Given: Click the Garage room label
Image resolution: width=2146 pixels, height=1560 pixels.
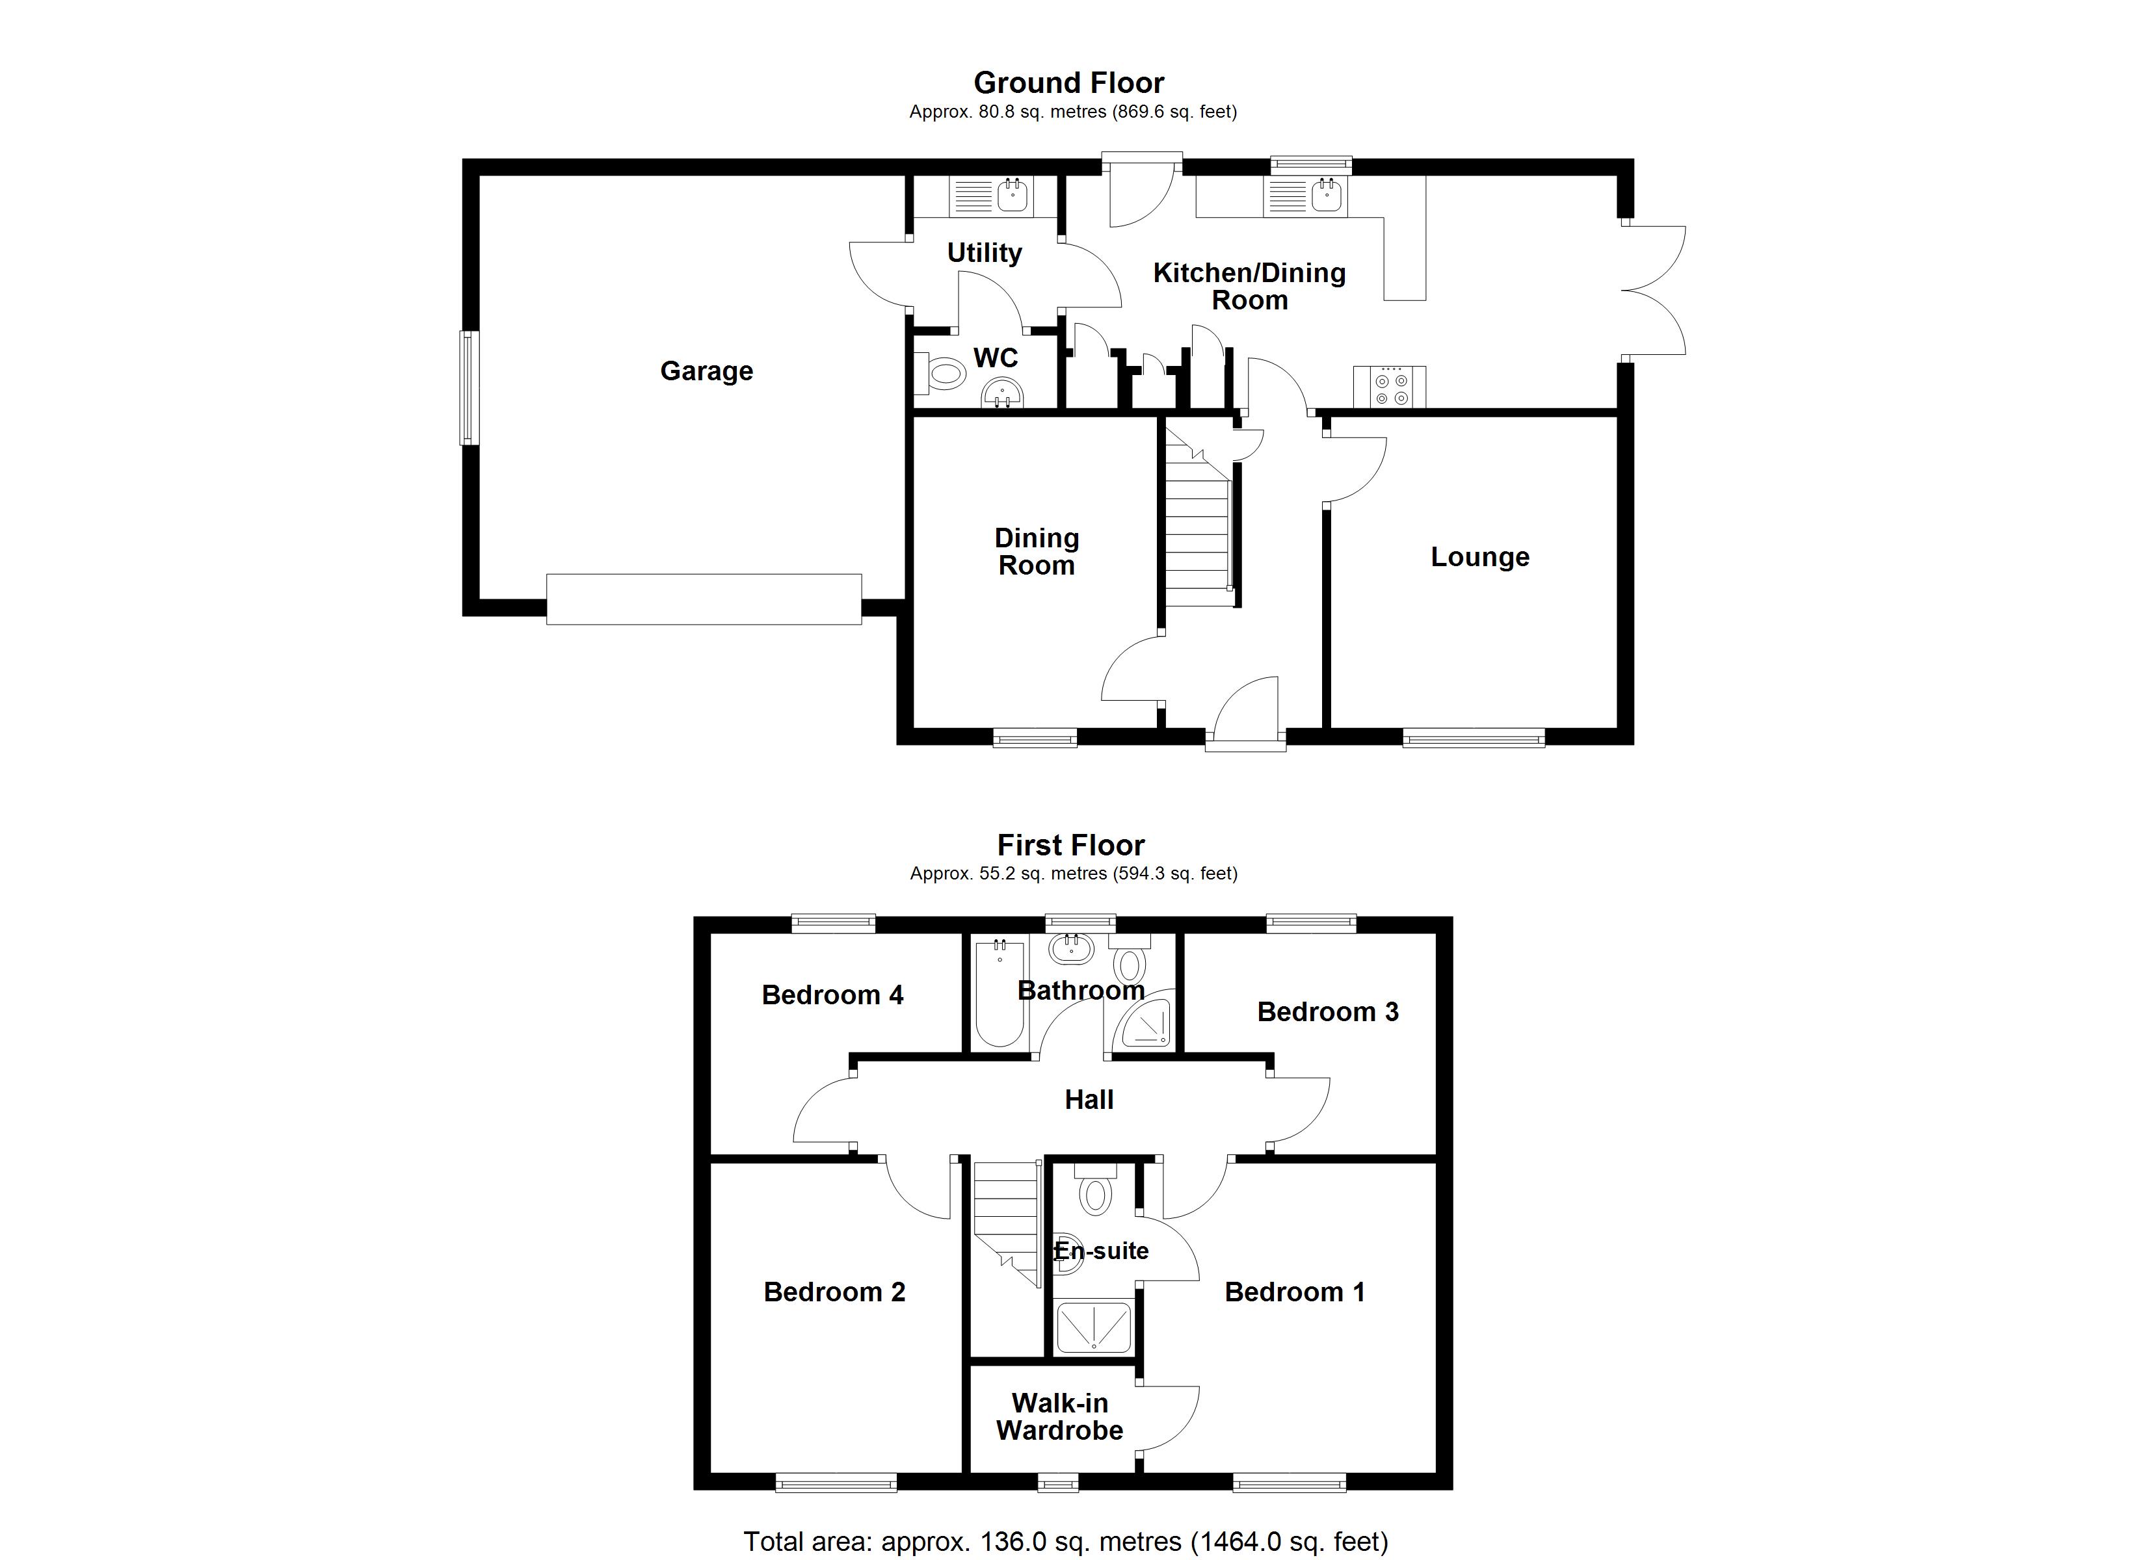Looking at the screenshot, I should pyautogui.click(x=706, y=371).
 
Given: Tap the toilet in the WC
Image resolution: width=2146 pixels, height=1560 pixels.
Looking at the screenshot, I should pyautogui.click(x=942, y=374).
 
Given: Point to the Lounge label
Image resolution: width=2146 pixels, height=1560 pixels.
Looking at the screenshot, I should pyautogui.click(x=1479, y=557).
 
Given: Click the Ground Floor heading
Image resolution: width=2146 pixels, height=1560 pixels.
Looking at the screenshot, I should pyautogui.click(x=1068, y=83).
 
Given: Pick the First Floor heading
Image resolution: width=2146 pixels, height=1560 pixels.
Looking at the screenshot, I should pyautogui.click(x=1070, y=845).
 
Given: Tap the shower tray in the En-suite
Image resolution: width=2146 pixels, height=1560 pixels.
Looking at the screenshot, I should pyautogui.click(x=1093, y=1327).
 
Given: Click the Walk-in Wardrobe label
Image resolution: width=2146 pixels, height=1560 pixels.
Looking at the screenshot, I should pyautogui.click(x=1059, y=1416).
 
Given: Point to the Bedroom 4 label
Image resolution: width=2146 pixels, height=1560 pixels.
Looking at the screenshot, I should pyautogui.click(x=832, y=995).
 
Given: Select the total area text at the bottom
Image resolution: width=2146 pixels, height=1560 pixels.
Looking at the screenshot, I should pyautogui.click(x=1065, y=1542).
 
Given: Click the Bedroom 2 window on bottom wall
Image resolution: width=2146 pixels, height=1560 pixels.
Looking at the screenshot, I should pyautogui.click(x=836, y=1485).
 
